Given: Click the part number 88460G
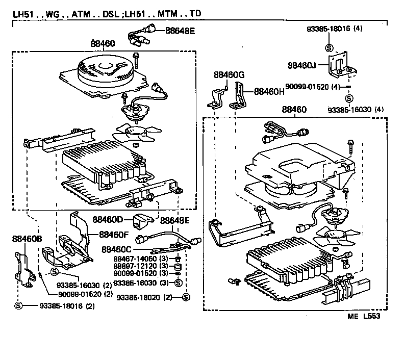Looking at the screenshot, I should (229, 75).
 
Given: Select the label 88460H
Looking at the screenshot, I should (269, 92).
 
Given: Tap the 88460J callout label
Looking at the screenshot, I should (302, 65).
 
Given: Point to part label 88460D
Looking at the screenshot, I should (108, 220).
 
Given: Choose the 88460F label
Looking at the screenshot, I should (114, 235).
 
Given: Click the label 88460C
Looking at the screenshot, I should (117, 249).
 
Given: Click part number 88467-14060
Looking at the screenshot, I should (135, 259).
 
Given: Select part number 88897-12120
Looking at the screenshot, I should (135, 267).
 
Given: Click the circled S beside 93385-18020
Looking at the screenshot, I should (186, 297).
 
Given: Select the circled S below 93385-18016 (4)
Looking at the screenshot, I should (329, 48).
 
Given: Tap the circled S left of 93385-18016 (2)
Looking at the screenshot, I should (19, 305).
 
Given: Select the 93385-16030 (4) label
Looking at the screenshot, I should (356, 109).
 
